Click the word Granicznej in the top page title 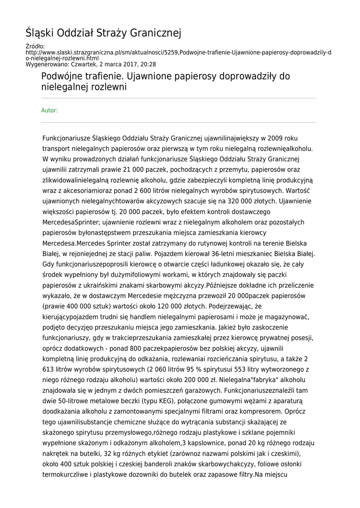point(155,33)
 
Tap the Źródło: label point(35,46)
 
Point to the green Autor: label point(49,110)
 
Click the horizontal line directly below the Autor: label point(178,123)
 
